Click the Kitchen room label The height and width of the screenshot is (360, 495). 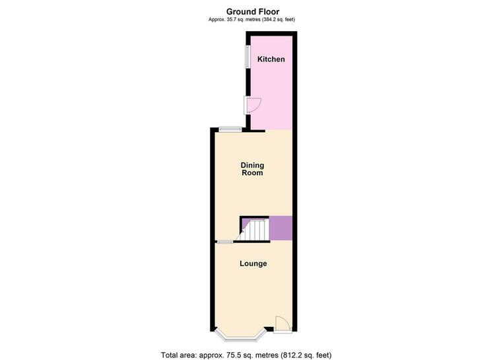point(271,59)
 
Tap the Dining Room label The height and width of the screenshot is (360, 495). point(252,169)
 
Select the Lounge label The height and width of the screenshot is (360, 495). point(253,264)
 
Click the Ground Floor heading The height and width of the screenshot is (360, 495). point(253,12)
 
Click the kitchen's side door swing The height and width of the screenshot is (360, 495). point(254,105)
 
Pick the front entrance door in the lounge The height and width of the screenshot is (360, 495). point(282,324)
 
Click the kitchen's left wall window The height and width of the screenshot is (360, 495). point(247,56)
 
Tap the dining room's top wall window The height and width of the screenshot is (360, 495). point(230,129)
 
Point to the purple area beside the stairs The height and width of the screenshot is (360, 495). point(280,228)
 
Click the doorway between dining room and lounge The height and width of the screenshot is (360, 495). point(225,242)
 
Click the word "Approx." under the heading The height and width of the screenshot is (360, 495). point(215,20)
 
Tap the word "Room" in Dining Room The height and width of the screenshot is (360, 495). point(252,173)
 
